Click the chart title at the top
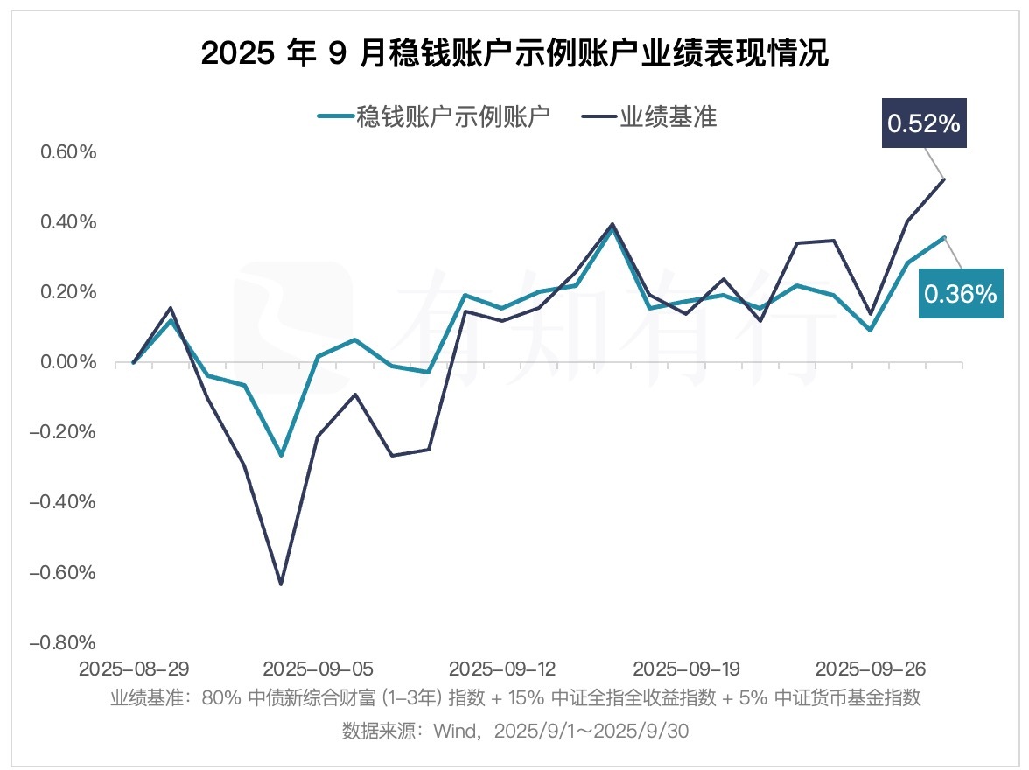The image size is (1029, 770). point(514,54)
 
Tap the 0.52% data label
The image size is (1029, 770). point(924,123)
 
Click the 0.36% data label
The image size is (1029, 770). point(960,294)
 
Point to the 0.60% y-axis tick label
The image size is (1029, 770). point(66,152)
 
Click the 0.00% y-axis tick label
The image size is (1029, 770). point(66,362)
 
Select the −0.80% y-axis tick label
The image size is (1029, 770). point(63,643)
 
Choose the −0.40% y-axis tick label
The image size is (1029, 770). point(63,503)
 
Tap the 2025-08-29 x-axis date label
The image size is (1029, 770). point(133,669)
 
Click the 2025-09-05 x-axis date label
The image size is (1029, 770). point(318,669)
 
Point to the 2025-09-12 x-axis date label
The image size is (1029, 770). point(502,669)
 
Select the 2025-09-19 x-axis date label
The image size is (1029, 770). point(686,669)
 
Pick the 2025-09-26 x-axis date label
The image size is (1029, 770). point(870,669)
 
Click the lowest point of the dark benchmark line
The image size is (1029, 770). point(281,584)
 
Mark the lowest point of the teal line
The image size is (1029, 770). point(281,456)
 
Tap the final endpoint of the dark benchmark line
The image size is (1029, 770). point(943,179)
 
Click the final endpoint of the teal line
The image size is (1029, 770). point(943,237)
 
